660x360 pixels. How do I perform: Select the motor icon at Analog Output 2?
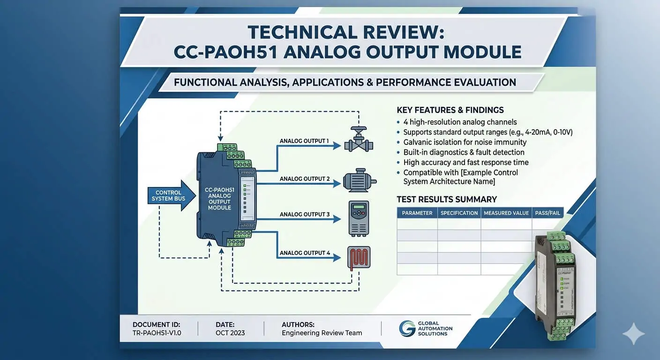tap(360, 180)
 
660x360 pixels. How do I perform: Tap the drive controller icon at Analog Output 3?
tap(359, 218)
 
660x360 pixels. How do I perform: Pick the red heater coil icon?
tap(359, 257)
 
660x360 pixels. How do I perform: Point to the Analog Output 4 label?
tap(305, 253)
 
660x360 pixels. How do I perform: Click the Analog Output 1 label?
tap(304, 141)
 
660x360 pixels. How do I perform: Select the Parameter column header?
tap(417, 213)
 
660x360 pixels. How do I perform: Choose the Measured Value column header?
tap(506, 213)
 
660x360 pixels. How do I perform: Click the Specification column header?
tap(459, 213)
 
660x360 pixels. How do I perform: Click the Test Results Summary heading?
tap(447, 199)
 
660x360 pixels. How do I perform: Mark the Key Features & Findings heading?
tap(450, 110)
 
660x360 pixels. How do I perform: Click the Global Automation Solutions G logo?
tap(407, 328)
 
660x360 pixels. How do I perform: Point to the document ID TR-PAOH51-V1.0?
tap(157, 333)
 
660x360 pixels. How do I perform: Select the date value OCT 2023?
tap(230, 333)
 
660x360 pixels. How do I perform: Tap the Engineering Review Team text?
tap(322, 333)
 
